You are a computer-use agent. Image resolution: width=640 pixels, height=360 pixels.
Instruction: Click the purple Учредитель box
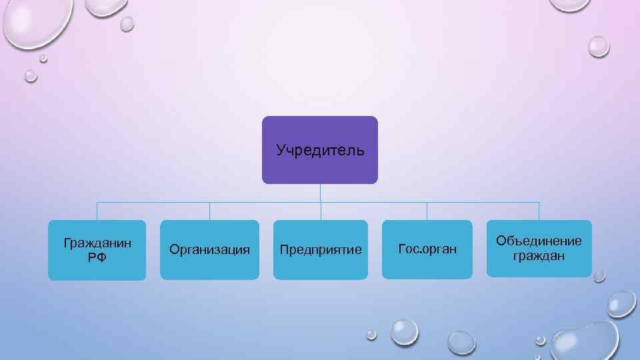coord(320,167)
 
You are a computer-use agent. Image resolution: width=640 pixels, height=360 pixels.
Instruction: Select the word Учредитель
coord(321,149)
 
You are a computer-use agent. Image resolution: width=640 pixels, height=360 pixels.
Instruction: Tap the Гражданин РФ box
coord(97,267)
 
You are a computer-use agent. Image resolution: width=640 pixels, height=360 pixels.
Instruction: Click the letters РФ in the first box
coord(97,257)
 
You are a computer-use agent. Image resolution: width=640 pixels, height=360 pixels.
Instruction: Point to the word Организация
coord(209,250)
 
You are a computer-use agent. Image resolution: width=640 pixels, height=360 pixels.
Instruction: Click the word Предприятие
coord(321,250)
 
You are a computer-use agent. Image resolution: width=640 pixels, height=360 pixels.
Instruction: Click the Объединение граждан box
coord(539,267)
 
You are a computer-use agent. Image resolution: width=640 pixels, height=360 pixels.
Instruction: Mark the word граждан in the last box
coord(539,255)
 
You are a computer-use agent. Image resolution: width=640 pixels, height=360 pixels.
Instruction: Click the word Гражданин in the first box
coord(97,243)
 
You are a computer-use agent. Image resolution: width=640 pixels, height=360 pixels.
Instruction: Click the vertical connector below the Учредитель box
coord(321,193)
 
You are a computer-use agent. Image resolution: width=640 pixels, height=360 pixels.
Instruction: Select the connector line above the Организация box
coord(209,211)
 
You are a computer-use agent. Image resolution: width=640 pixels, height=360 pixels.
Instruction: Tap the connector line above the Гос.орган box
coord(427,211)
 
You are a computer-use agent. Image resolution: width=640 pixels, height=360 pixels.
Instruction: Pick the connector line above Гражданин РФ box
coord(97,211)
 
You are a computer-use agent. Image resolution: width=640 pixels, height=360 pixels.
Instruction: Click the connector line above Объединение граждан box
coord(539,211)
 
